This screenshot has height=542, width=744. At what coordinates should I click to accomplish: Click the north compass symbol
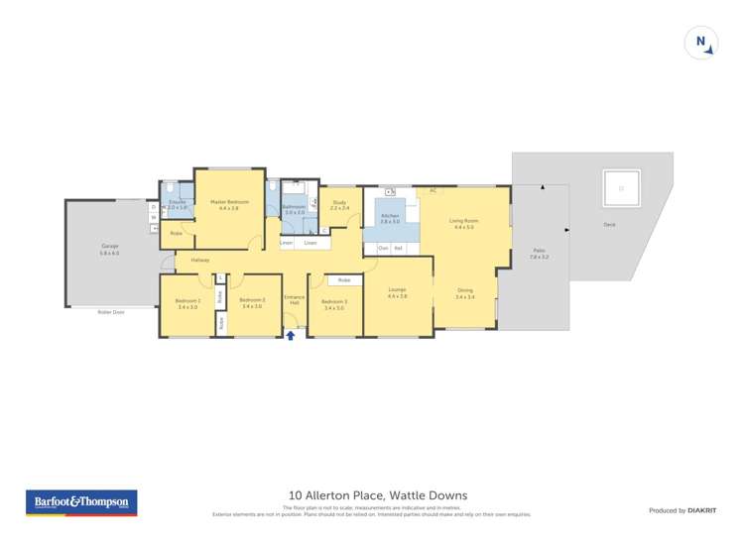point(700,43)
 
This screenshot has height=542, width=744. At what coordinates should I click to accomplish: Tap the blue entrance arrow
point(291,335)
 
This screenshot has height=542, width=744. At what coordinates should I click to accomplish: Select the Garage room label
point(109,248)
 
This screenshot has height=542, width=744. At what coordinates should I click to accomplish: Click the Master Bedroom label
point(229,204)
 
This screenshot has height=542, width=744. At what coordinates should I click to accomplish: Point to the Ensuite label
point(177,204)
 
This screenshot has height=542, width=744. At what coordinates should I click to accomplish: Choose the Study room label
point(339,205)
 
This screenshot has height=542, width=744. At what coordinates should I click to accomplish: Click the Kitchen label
point(389,218)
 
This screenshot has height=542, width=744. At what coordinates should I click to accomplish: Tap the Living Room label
point(463,223)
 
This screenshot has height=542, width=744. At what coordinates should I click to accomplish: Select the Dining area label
point(464,293)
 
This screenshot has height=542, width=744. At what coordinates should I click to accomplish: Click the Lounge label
point(397,292)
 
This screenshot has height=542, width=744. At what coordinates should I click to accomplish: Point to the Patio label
point(539,254)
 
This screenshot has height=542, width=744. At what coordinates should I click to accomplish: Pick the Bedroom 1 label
point(187,303)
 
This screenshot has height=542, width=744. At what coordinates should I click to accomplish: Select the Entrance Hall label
point(294,300)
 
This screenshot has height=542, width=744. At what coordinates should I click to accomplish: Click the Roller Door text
point(111,312)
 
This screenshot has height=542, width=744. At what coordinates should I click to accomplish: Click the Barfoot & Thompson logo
point(81,502)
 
